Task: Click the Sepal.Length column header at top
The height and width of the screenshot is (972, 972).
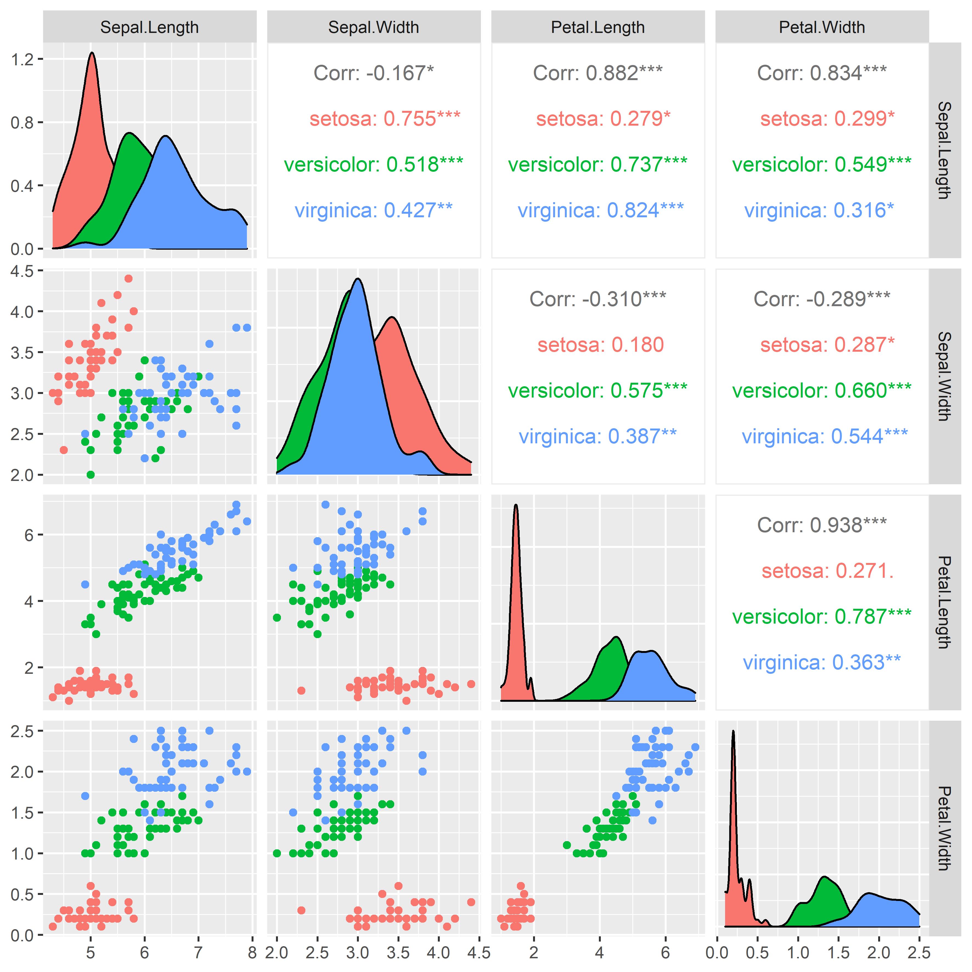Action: click(x=150, y=27)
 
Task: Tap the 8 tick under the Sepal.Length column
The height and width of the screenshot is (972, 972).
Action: click(x=252, y=952)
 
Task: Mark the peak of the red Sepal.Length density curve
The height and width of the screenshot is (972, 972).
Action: click(x=92, y=52)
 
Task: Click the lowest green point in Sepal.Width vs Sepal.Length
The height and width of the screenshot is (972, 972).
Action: click(x=91, y=474)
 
